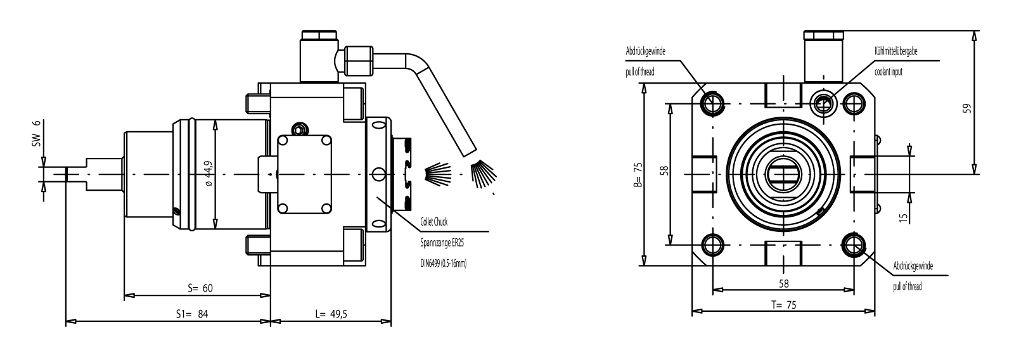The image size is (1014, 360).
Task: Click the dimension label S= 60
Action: point(200,288)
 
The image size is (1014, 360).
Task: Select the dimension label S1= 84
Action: point(192,314)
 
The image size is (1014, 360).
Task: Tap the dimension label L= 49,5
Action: point(330,314)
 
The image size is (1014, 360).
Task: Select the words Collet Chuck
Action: point(435,222)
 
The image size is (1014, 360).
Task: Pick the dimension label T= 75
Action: point(784,304)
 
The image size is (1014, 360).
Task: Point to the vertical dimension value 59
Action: point(966,108)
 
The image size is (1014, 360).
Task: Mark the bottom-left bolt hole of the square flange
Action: point(713,245)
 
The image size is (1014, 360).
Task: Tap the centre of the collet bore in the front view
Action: point(784,174)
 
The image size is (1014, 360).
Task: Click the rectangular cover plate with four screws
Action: point(305,174)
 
